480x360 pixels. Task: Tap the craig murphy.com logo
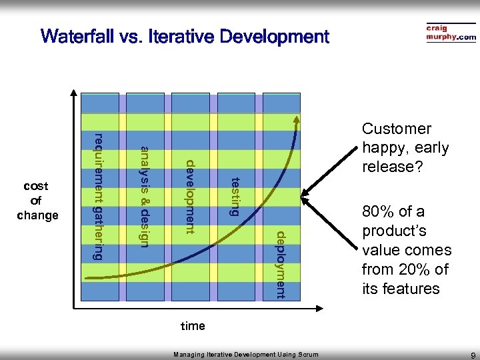pyautogui.click(x=451, y=33)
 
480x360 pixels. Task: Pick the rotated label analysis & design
pyautogui.click(x=144, y=195)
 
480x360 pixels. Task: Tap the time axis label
pyautogui.click(x=193, y=326)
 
